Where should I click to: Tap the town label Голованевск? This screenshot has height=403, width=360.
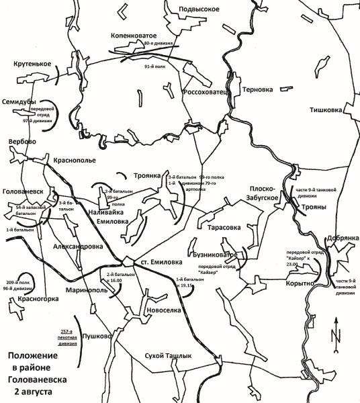23,191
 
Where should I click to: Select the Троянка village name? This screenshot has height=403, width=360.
147,176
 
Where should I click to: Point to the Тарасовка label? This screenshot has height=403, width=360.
213,227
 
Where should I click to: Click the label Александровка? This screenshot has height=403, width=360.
77,247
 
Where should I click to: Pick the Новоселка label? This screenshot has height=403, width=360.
163,310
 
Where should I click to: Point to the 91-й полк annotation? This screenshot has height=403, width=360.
156,66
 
